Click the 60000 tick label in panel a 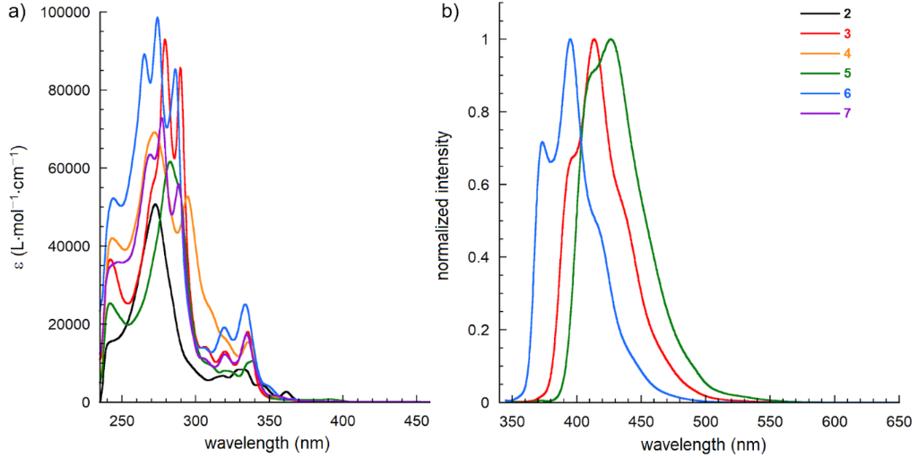click(x=71, y=169)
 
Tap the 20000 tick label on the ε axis click(x=71, y=324)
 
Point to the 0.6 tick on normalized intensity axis click(x=483, y=185)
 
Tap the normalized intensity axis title click(x=444, y=205)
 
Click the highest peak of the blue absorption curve click(x=157, y=17)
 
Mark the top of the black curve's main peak click(x=155, y=204)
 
